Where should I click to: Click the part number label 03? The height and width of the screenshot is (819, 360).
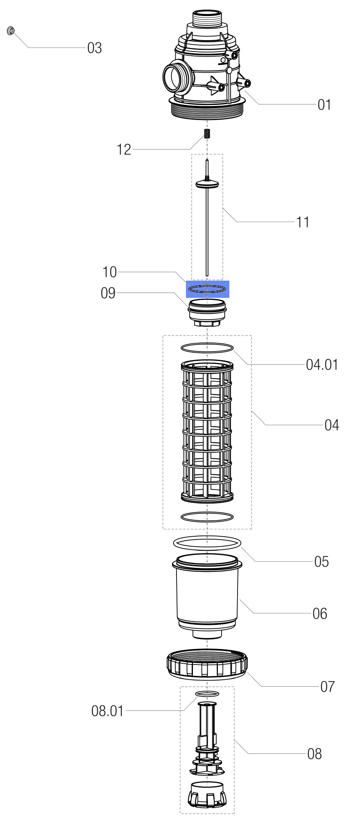click(94, 48)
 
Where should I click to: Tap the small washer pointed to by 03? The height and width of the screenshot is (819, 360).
click(11, 31)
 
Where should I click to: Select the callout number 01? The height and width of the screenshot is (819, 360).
click(324, 104)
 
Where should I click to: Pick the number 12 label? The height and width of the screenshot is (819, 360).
click(124, 150)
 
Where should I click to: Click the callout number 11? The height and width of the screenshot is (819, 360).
click(303, 222)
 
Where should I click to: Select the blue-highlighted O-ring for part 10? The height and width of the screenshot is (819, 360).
click(207, 289)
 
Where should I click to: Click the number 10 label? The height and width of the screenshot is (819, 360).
click(109, 272)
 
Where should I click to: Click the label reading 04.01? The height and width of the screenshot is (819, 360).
click(322, 364)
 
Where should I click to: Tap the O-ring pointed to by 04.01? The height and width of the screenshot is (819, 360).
click(207, 348)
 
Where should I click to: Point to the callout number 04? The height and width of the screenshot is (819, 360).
click(332, 425)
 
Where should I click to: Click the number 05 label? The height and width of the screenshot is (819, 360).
click(322, 561)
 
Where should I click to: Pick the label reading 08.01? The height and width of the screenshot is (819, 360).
click(107, 711)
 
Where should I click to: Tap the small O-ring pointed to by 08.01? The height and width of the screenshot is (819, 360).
click(207, 693)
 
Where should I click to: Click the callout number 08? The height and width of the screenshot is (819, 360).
click(315, 753)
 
